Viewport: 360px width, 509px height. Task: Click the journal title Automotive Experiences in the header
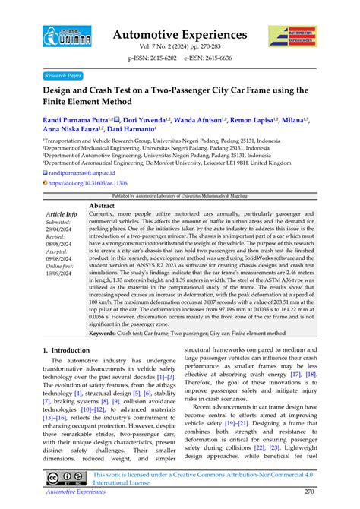click(180, 35)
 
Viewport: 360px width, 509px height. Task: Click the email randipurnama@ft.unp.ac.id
click(84, 173)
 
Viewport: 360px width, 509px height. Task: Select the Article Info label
click(62, 215)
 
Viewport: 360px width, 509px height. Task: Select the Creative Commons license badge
click(65, 479)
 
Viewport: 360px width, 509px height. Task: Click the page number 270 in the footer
click(308, 492)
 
